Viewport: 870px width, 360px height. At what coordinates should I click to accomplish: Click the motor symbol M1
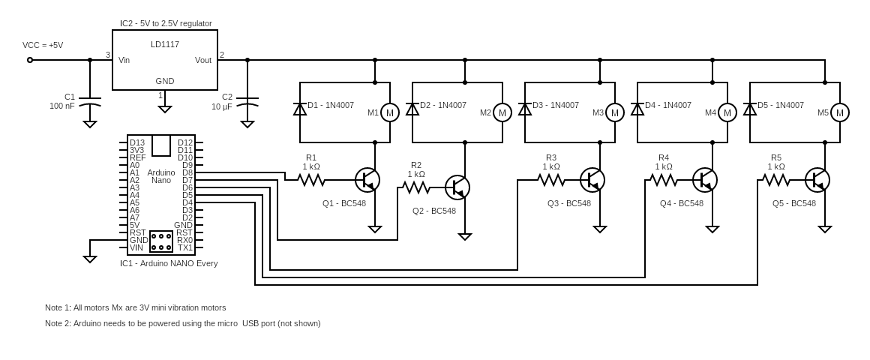(x=389, y=112)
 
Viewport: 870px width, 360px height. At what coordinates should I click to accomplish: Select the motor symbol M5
(x=839, y=112)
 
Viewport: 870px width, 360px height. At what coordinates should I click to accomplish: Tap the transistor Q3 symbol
(x=592, y=180)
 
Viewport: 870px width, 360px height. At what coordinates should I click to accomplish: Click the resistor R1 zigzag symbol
(x=311, y=180)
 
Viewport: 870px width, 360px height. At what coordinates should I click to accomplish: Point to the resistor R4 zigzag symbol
(x=664, y=180)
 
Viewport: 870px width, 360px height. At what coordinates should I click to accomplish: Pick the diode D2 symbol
(x=412, y=109)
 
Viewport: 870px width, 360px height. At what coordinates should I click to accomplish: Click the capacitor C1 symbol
(x=90, y=101)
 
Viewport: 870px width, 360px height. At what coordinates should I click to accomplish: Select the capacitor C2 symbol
(x=247, y=101)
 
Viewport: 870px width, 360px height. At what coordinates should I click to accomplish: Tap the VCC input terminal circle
(x=30, y=60)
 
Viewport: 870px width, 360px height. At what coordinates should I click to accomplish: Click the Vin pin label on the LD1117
(x=124, y=60)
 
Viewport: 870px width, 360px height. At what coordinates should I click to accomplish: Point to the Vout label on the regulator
(x=202, y=60)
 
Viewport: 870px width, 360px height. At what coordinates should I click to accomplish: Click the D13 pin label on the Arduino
(x=137, y=142)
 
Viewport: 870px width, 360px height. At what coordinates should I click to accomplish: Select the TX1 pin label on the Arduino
(x=184, y=247)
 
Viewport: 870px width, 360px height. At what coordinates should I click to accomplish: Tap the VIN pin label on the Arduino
(x=136, y=247)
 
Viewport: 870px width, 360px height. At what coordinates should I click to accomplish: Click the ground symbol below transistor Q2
(x=465, y=236)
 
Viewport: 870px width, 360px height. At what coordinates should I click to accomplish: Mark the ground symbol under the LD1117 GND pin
(x=165, y=109)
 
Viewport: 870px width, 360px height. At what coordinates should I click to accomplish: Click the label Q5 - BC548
(x=793, y=203)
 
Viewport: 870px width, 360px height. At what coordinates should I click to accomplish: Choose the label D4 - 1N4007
(x=667, y=105)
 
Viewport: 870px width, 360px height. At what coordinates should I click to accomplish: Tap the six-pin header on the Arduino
(x=161, y=241)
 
